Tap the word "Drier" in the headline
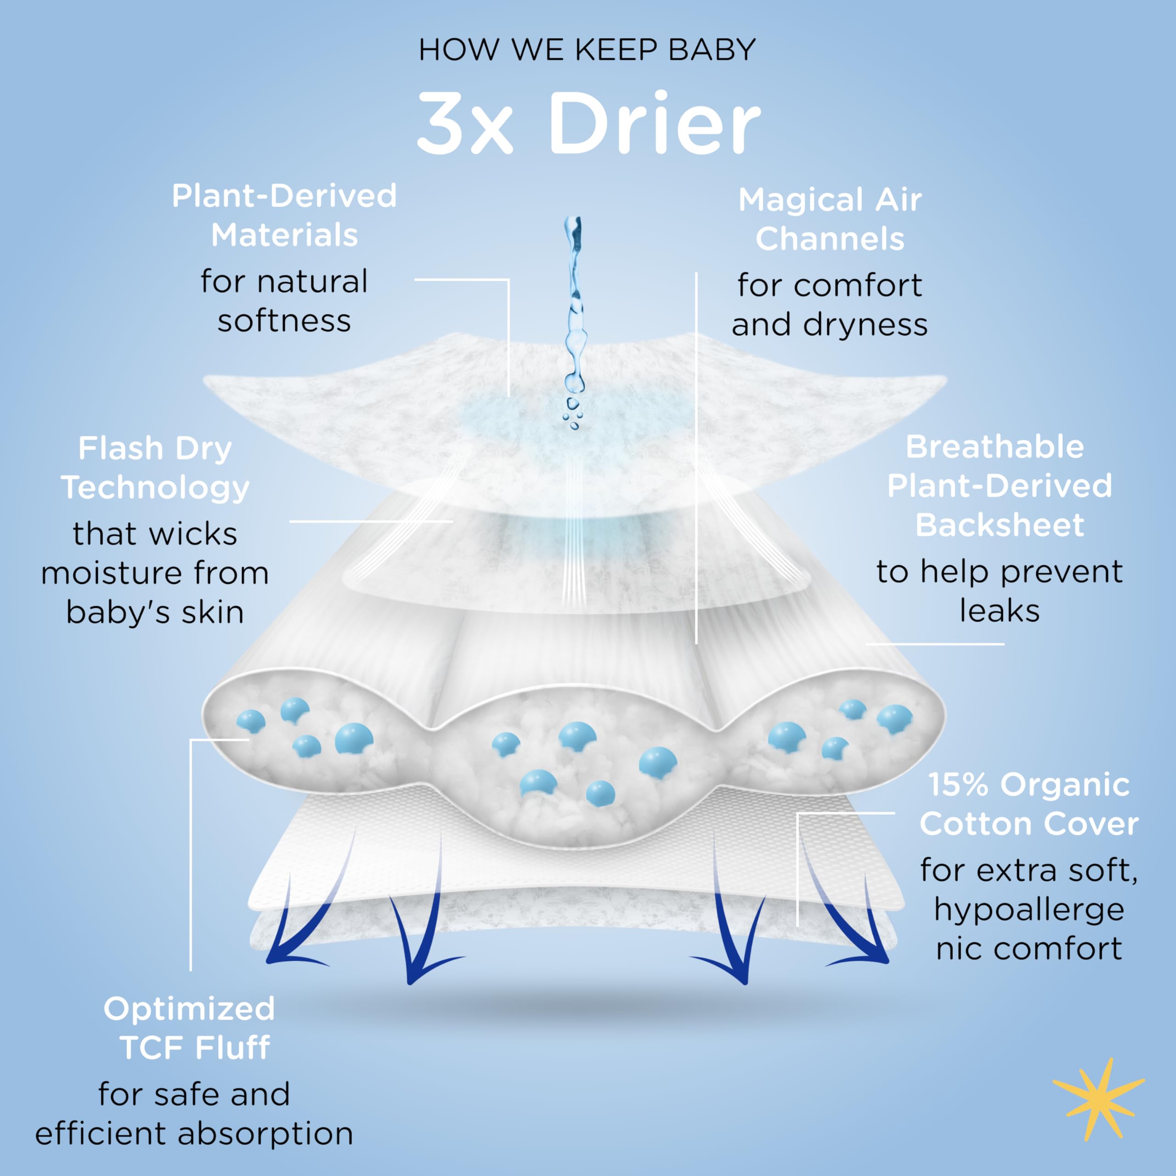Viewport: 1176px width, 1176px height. [654, 124]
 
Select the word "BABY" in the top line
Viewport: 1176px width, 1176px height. [712, 50]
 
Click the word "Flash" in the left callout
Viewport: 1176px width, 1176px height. [120, 449]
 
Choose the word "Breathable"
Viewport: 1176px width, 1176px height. [995, 447]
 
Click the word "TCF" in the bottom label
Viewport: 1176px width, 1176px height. [152, 1048]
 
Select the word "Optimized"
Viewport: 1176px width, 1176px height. [189, 1009]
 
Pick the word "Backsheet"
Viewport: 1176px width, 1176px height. [1000, 526]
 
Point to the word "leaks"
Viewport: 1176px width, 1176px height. [1000, 611]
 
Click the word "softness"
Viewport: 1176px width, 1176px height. [284, 321]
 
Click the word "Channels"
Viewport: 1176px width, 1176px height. [830, 239]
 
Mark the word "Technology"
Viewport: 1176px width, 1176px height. [155, 489]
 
